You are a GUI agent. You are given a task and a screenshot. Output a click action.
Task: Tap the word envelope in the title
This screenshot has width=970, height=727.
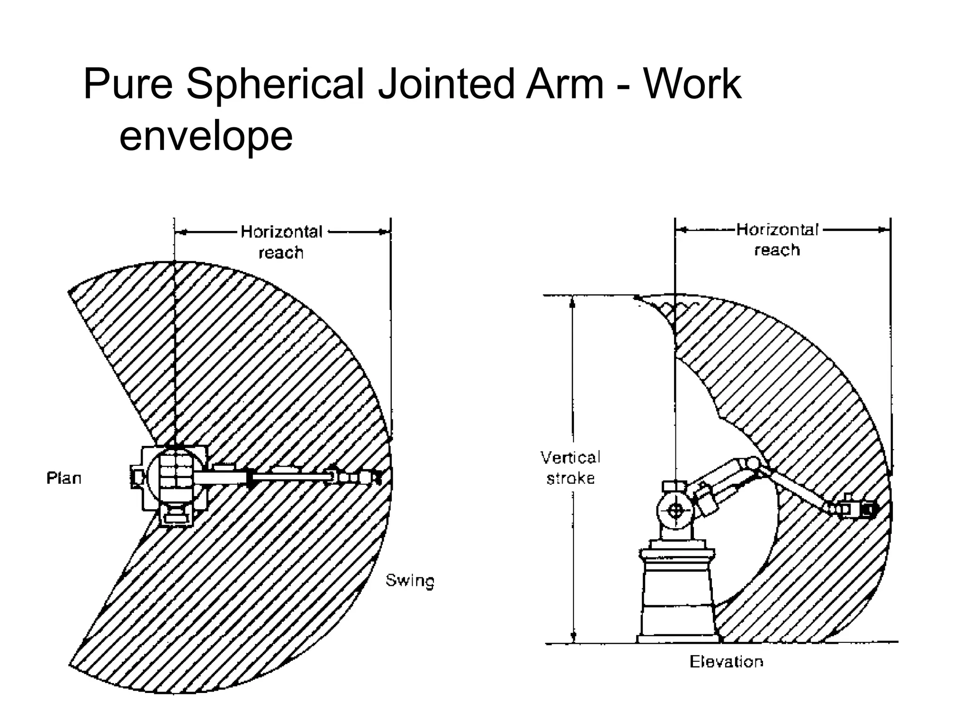pos(206,136)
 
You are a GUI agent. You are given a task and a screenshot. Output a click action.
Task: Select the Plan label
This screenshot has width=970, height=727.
pos(64,478)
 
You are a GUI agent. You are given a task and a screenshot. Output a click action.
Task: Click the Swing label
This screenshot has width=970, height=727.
pos(410,580)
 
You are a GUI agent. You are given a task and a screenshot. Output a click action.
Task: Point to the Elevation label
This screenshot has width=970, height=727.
pos(726,661)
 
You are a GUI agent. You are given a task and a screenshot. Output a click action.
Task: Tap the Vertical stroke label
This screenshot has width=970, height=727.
pos(570,468)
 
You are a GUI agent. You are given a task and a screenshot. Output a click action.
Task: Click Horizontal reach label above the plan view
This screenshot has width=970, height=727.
pos(281,242)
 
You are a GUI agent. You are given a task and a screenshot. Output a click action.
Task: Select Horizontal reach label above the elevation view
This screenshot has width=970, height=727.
pos(777,239)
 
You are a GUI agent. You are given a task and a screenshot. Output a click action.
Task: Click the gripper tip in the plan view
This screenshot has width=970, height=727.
pos(377,477)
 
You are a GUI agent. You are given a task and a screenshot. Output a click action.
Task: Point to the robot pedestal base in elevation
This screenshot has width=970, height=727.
pos(676,596)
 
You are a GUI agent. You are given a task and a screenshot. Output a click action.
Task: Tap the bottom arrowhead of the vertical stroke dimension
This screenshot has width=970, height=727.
pos(574,637)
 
